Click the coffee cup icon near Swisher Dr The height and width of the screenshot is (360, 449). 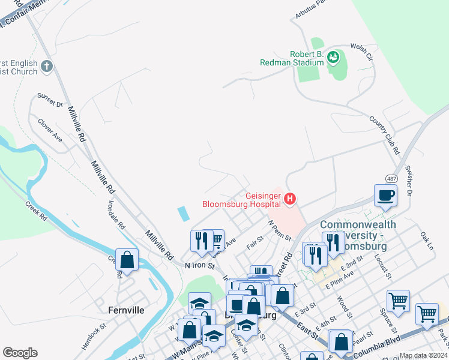pos(385,195)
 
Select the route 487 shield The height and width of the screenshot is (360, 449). pos(391,179)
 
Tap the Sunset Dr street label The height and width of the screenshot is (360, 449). pos(50,99)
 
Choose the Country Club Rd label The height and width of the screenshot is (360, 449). pos(385,136)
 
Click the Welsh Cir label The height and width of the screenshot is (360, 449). pos(361,53)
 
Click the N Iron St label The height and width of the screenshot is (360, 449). pos(200,265)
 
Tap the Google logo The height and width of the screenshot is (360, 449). pos(20,353)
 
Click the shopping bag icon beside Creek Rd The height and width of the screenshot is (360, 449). pos(127,260)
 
